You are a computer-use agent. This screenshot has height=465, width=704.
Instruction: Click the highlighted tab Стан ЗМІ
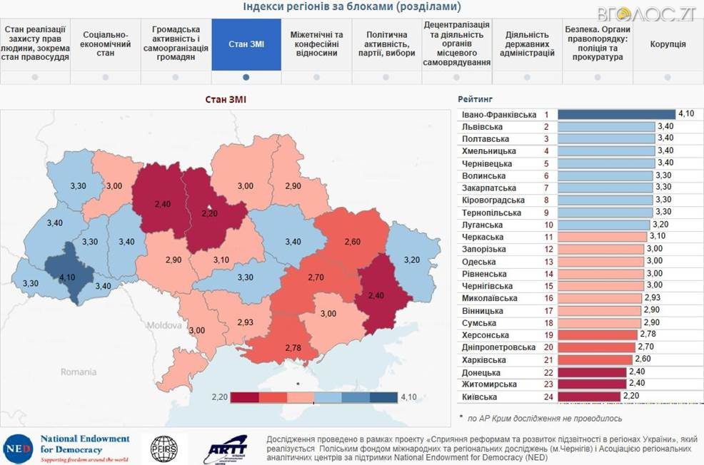tap(246, 44)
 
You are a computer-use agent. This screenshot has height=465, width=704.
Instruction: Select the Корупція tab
tap(668, 44)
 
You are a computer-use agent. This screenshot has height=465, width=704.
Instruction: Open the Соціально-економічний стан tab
tap(105, 44)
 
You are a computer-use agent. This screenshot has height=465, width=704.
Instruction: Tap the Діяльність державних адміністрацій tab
tap(527, 44)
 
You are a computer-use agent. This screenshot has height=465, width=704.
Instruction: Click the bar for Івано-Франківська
tap(616, 114)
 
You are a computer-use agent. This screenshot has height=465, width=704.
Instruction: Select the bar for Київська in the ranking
tap(589, 397)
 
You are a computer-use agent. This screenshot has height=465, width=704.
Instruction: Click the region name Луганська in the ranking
tap(483, 225)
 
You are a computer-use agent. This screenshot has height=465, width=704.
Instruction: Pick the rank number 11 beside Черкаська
tap(546, 237)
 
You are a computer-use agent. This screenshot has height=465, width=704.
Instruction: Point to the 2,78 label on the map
tap(293, 347)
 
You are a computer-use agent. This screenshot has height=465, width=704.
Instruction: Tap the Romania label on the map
tap(79, 372)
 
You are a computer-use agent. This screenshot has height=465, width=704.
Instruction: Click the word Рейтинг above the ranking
tap(475, 98)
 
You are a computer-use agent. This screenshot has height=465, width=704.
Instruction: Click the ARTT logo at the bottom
tap(225, 449)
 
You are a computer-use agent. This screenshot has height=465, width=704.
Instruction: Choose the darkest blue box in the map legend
tap(383, 397)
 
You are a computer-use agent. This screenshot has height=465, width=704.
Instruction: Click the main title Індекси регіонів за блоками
tap(351, 7)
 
